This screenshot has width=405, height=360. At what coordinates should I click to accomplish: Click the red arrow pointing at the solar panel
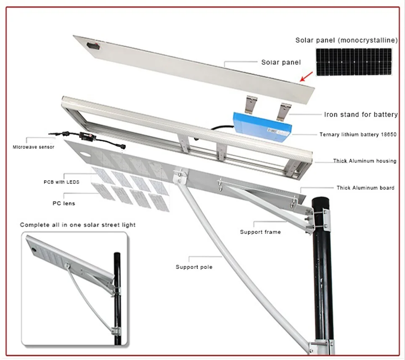click(x=307, y=76)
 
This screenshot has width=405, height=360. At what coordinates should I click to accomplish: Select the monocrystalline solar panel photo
click(x=353, y=61)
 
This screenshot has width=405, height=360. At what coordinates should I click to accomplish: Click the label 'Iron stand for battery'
click(x=361, y=114)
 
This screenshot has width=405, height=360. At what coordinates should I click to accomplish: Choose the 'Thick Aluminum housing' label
click(x=364, y=161)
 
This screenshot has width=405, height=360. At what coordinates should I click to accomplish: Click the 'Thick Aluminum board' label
click(x=365, y=188)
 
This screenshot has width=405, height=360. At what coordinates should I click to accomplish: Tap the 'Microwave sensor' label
click(x=33, y=147)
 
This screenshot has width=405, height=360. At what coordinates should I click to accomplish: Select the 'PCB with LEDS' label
click(x=61, y=182)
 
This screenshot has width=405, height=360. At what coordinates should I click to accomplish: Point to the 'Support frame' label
click(x=260, y=232)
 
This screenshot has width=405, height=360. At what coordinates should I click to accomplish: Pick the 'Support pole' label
click(x=194, y=267)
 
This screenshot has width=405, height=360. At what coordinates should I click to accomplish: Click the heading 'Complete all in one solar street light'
click(x=78, y=225)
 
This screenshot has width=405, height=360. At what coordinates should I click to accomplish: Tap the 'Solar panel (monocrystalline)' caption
click(x=346, y=40)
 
